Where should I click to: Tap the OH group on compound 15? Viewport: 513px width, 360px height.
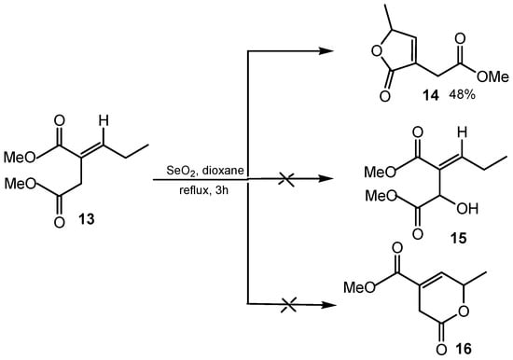(454, 198)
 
